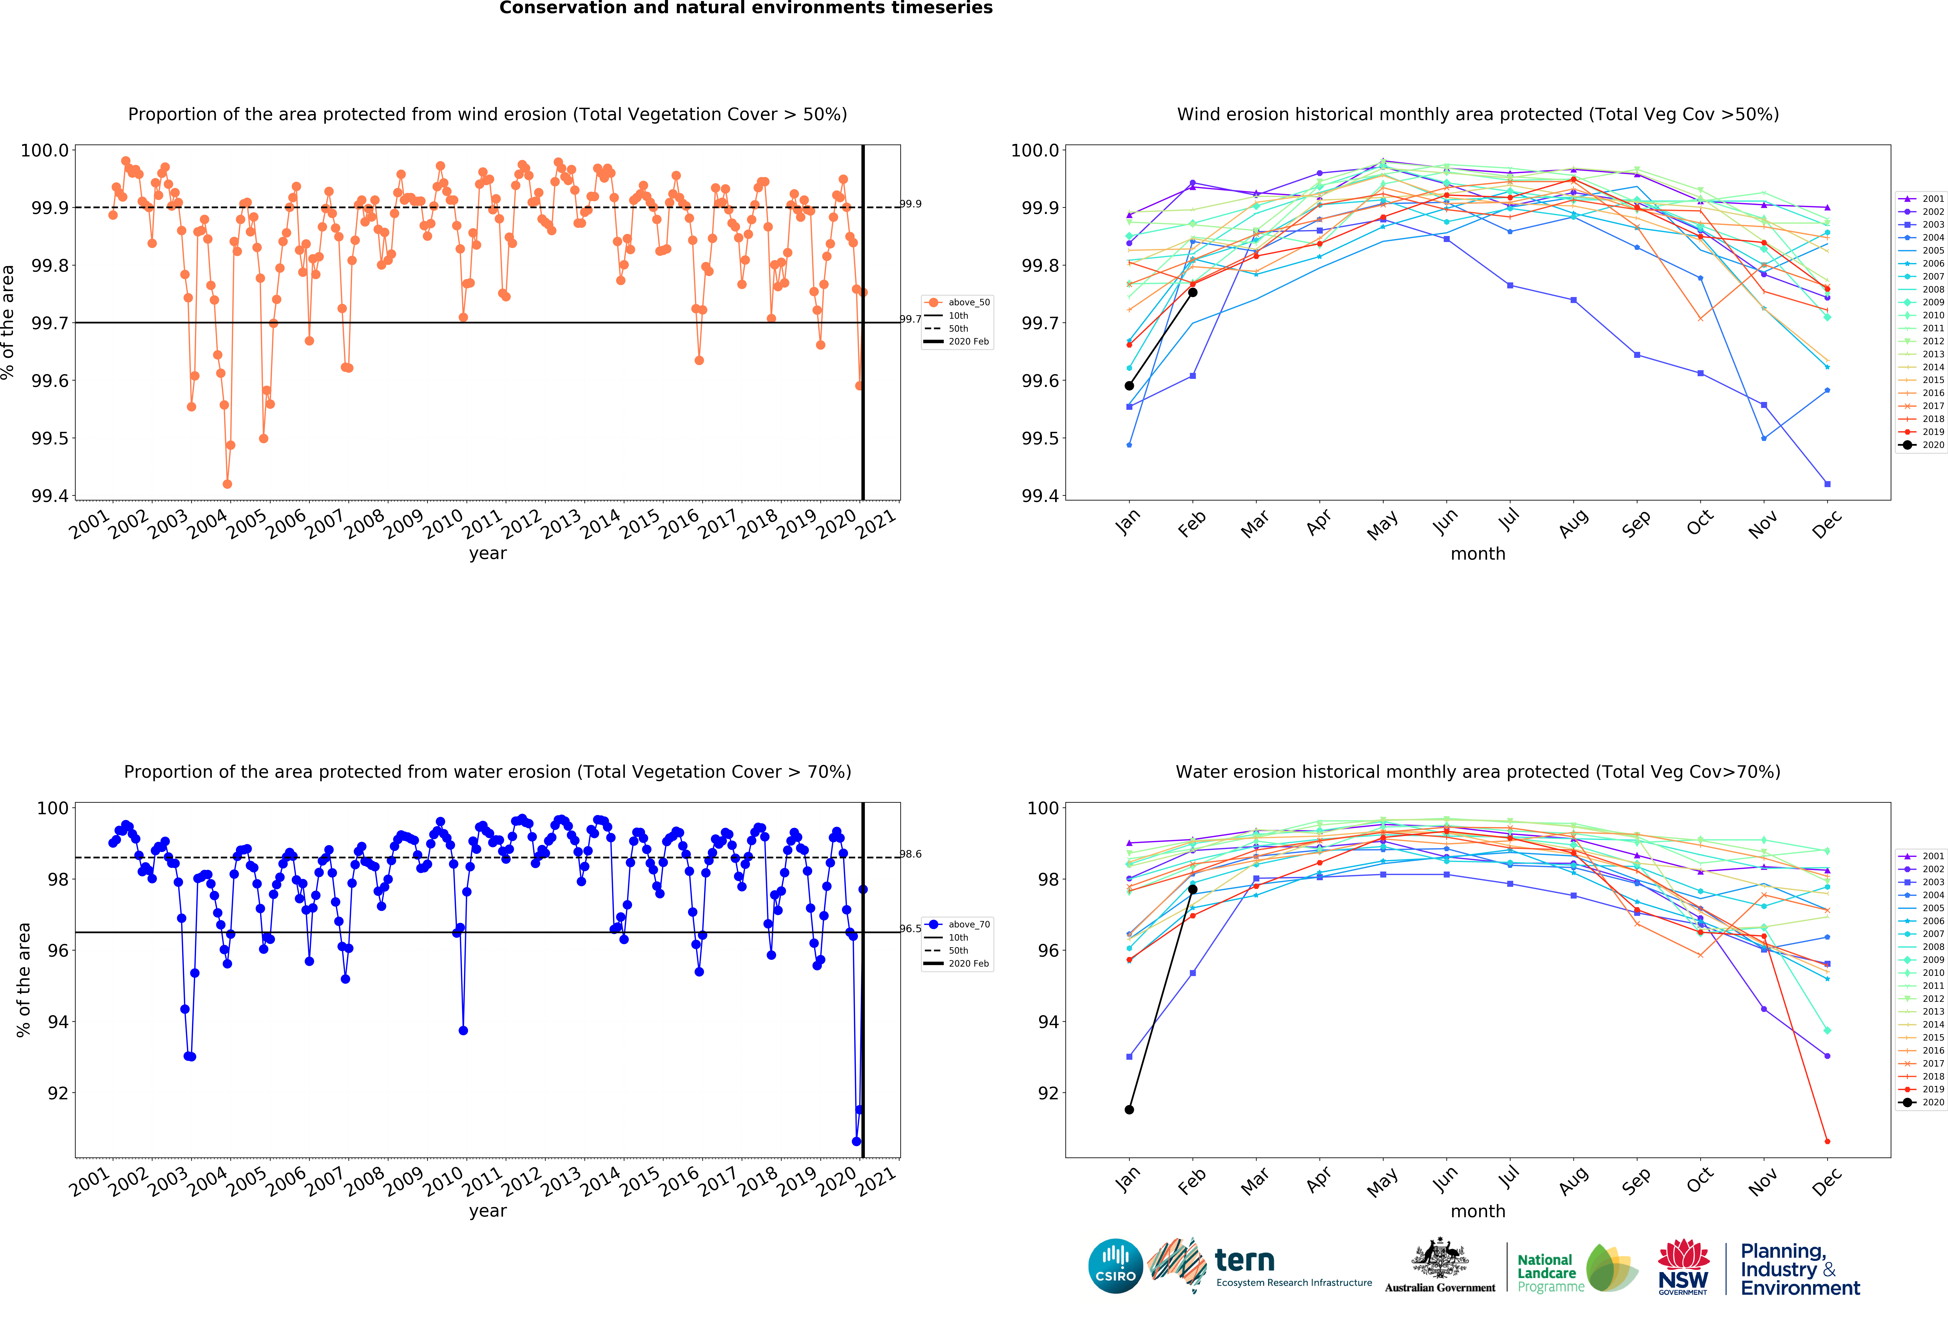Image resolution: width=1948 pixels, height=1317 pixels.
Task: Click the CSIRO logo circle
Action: point(1116,1266)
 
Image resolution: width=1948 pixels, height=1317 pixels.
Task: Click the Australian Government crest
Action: point(1439,1257)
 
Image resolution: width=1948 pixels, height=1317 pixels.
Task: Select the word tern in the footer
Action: point(1245,1260)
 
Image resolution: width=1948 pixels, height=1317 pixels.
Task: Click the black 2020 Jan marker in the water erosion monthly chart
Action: point(1129,1110)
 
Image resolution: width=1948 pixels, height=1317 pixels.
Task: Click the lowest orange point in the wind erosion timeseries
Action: point(227,484)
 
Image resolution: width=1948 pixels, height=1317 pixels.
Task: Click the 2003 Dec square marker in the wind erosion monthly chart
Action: point(1827,484)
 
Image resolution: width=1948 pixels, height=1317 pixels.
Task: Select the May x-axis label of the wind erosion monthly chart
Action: point(1382,525)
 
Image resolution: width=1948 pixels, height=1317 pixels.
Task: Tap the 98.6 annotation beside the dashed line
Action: point(911,854)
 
